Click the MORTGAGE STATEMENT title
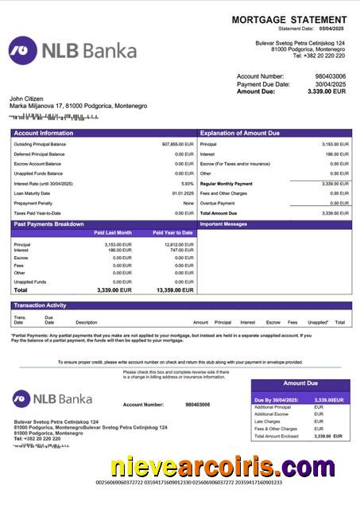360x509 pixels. tap(288, 19)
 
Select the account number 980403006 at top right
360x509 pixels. tap(331, 76)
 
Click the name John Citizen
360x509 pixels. tap(25, 98)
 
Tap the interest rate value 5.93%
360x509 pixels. tap(188, 183)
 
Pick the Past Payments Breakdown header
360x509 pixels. tap(48, 224)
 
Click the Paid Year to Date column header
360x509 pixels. tap(173, 233)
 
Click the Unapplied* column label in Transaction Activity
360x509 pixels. tap(317, 322)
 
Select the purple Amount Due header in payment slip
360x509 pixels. tap(300, 383)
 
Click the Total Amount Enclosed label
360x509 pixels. tap(276, 436)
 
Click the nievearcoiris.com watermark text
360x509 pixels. tap(223, 466)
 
